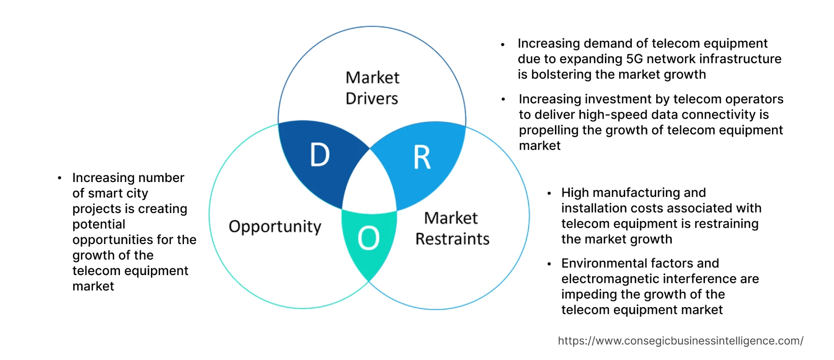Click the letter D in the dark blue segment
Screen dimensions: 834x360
[320, 155]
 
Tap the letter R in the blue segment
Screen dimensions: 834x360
[422, 158]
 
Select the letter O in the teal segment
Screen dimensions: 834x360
[368, 238]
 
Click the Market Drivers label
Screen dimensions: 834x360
[373, 88]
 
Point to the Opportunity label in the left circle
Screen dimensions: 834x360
[275, 227]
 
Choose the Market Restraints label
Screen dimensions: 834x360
[452, 228]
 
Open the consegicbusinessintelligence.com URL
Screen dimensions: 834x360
[681, 341]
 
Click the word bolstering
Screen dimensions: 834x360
[560, 75]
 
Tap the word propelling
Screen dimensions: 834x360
[549, 131]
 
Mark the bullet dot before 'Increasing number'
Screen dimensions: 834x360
[59, 178]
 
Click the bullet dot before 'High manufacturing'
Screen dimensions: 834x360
[549, 193]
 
